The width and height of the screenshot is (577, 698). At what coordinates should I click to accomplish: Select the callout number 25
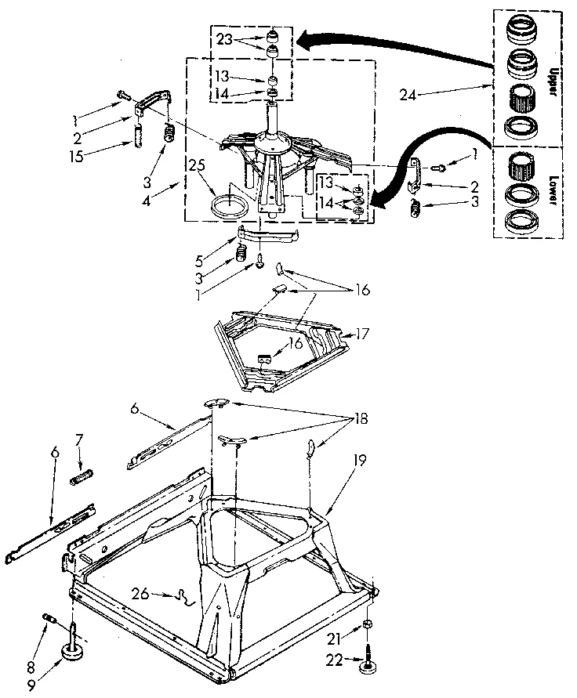[x=197, y=165]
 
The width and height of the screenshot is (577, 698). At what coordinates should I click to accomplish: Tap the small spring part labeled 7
[x=82, y=476]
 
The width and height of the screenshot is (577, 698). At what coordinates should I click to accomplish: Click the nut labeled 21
[x=368, y=624]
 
